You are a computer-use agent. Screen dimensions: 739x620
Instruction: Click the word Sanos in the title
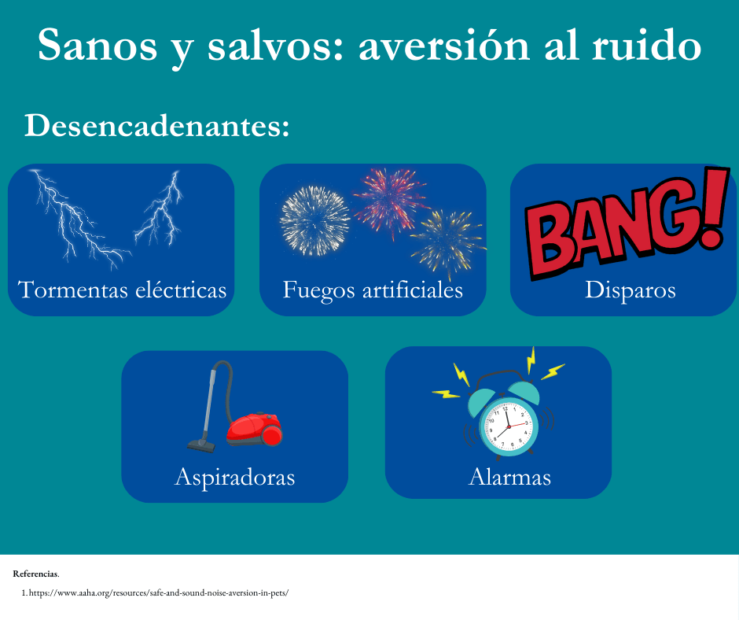pyautogui.click(x=97, y=45)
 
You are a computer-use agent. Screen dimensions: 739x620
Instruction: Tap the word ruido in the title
pyautogui.click(x=646, y=45)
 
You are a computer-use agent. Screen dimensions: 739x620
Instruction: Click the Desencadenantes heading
pyautogui.click(x=157, y=126)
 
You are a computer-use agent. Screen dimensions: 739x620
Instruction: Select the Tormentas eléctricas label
pyautogui.click(x=122, y=290)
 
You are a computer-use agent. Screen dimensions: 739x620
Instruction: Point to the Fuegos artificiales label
pyautogui.click(x=373, y=290)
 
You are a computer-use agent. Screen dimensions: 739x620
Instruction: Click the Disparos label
pyautogui.click(x=631, y=290)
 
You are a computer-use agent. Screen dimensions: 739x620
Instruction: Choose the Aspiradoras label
pyautogui.click(x=235, y=478)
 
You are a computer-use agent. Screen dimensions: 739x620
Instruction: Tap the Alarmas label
pyautogui.click(x=510, y=477)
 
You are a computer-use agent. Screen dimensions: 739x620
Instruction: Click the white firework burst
pyautogui.click(x=314, y=221)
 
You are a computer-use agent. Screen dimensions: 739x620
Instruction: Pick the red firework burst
pyautogui.click(x=390, y=202)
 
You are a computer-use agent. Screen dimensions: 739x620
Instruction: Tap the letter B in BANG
pyautogui.click(x=551, y=241)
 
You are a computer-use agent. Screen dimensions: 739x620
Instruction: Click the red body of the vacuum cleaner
pyautogui.click(x=255, y=429)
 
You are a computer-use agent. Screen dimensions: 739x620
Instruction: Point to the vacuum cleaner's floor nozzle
pyautogui.click(x=202, y=445)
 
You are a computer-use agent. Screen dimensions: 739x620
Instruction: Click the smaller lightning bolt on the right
pyautogui.click(x=160, y=210)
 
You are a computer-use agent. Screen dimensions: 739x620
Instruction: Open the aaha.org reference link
pyautogui.click(x=158, y=592)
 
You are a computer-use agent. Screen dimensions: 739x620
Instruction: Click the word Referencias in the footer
pyautogui.click(x=35, y=574)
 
